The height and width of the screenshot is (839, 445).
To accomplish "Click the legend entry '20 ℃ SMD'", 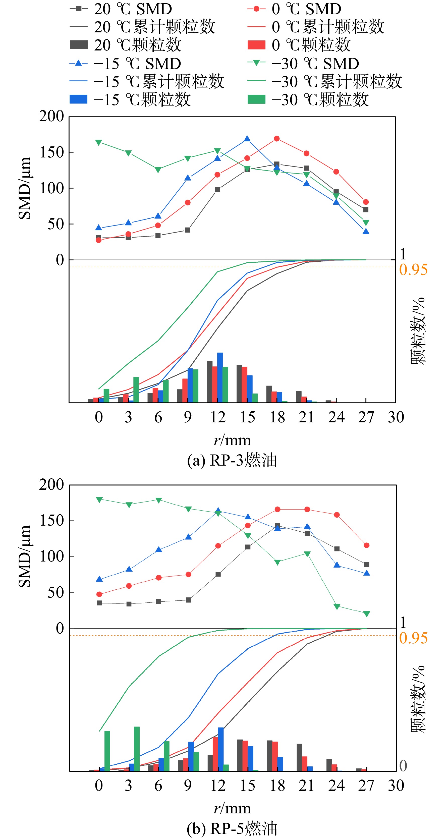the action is coord(121,9).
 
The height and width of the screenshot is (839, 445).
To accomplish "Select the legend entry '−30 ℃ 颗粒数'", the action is coord(308,100).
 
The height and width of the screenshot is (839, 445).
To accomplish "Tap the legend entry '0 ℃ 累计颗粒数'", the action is coord(316,27).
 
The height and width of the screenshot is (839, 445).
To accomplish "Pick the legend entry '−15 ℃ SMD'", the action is coord(125,64).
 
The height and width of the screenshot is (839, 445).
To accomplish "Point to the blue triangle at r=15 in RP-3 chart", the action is coord(247,139).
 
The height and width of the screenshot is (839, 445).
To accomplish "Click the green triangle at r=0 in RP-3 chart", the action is coord(99,142).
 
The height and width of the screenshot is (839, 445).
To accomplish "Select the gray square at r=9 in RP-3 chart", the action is coord(188,230).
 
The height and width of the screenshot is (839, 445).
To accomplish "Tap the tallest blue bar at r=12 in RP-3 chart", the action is coord(220,377).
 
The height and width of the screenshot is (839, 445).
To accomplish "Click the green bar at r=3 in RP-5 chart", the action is coord(137,749).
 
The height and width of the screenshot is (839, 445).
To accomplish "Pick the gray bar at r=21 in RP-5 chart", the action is coord(299,758).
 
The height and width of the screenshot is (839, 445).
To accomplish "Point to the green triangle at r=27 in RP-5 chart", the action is coord(366,614).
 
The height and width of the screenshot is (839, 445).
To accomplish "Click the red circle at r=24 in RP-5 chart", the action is coord(337,515).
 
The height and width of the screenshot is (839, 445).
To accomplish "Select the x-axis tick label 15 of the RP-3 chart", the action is coord(247,417).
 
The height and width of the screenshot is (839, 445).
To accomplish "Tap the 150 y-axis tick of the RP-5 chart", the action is coord(51,521).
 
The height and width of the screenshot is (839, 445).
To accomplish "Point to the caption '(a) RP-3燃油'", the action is coord(232,460).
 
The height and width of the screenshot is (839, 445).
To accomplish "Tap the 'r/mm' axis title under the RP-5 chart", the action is coord(232,808).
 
